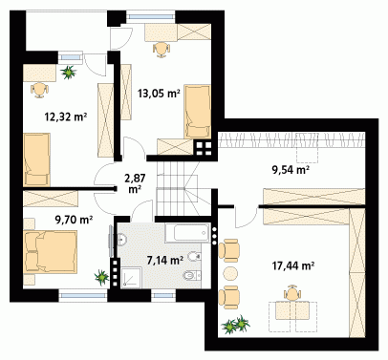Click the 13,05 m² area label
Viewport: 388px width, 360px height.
(159, 94)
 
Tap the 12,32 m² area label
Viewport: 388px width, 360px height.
(66, 117)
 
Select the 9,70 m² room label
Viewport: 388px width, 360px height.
(74, 220)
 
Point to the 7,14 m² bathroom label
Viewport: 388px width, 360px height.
(165, 261)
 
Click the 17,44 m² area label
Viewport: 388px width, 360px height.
(293, 265)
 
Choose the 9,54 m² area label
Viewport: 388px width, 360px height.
(291, 170)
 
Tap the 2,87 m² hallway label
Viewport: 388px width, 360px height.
(135, 183)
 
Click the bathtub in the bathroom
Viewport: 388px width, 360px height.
(187, 233)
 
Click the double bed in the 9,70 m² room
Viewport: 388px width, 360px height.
(51, 252)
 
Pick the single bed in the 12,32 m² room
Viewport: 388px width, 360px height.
(36, 159)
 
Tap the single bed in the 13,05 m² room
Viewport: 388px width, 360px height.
(197, 112)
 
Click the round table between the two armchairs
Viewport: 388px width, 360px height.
(230, 274)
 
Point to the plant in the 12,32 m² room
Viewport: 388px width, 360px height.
(69, 73)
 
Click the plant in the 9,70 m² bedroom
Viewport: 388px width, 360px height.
(101, 277)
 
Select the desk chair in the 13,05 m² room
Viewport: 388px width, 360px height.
(162, 50)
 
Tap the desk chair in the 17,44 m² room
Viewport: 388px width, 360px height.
(292, 293)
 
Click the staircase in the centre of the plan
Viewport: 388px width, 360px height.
(183, 189)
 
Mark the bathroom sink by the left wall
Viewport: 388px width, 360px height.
(121, 239)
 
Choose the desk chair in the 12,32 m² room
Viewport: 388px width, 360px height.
(39, 90)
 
